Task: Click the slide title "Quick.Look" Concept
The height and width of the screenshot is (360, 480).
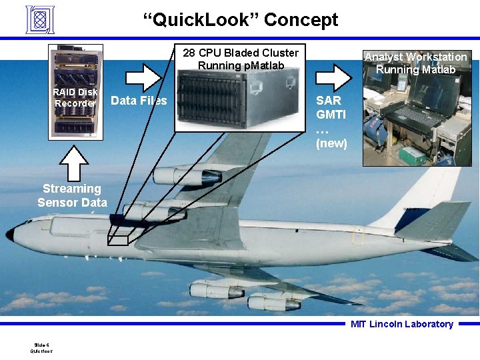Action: click(x=241, y=20)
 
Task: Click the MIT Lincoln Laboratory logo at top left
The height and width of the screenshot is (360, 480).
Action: click(x=39, y=19)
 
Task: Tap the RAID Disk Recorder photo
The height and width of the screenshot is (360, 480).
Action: click(x=76, y=92)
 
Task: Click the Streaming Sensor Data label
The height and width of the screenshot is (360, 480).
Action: click(x=72, y=195)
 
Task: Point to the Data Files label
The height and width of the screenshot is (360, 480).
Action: click(x=139, y=101)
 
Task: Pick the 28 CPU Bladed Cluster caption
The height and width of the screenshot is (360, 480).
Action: click(x=241, y=59)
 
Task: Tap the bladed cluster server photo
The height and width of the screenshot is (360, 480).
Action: click(x=237, y=100)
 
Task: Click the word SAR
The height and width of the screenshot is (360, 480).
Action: click(x=329, y=101)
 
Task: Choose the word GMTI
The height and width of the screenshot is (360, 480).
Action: click(x=330, y=115)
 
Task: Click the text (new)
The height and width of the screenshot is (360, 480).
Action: click(x=331, y=143)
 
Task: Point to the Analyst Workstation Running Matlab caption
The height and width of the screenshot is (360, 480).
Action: click(x=415, y=63)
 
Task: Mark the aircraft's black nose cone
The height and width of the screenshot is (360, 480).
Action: click(x=10, y=234)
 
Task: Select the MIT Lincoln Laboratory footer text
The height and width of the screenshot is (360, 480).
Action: click(x=402, y=324)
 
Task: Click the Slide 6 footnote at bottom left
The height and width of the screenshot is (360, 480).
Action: click(x=41, y=347)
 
